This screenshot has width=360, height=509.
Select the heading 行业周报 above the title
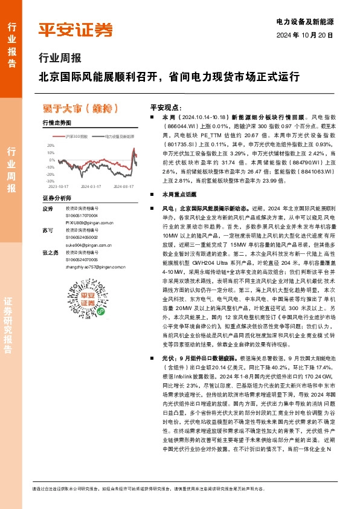pos(55,59)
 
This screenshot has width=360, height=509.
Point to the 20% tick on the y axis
pos(50,145)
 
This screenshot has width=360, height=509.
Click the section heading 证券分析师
pos(57,198)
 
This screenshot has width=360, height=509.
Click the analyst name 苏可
pos(48,231)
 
